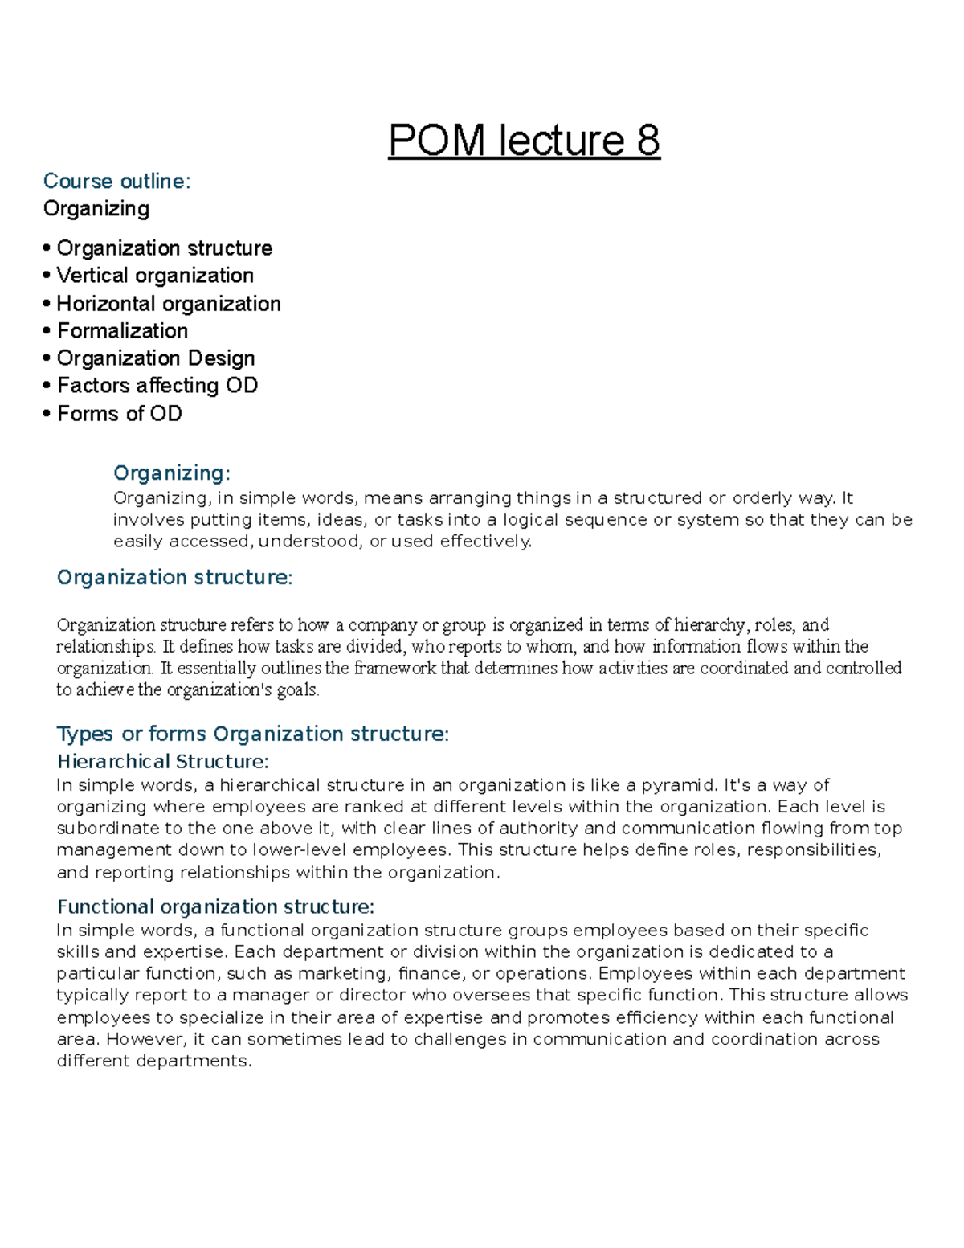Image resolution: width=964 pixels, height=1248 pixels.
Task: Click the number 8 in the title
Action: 647,141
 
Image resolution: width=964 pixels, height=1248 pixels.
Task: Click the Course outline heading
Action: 116,182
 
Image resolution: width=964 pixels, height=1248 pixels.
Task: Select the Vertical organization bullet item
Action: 154,276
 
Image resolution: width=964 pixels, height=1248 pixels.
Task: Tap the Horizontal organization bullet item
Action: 168,304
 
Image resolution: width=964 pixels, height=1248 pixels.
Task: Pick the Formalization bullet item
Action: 122,331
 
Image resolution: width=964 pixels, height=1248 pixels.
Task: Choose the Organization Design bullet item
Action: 155,358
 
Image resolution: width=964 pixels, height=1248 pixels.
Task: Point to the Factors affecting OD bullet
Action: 157,386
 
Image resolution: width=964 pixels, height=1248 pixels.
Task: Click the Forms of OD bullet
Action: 119,414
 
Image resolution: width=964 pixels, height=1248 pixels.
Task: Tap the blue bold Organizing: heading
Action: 172,473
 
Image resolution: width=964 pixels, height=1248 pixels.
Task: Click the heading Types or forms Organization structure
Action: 252,734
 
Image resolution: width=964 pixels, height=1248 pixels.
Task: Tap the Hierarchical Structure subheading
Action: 162,762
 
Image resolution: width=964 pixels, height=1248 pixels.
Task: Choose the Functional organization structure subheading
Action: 215,907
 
